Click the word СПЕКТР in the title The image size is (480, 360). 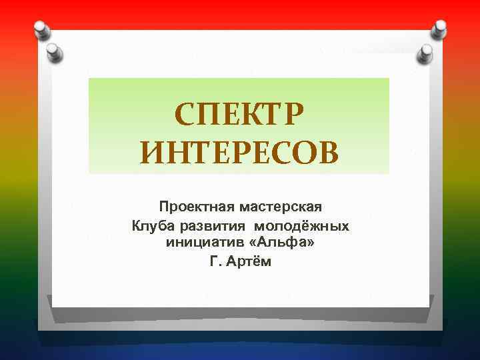coord(239,117)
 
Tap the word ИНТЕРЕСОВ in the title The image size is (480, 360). coord(239,154)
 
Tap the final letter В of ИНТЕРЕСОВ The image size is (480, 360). coord(326,154)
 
